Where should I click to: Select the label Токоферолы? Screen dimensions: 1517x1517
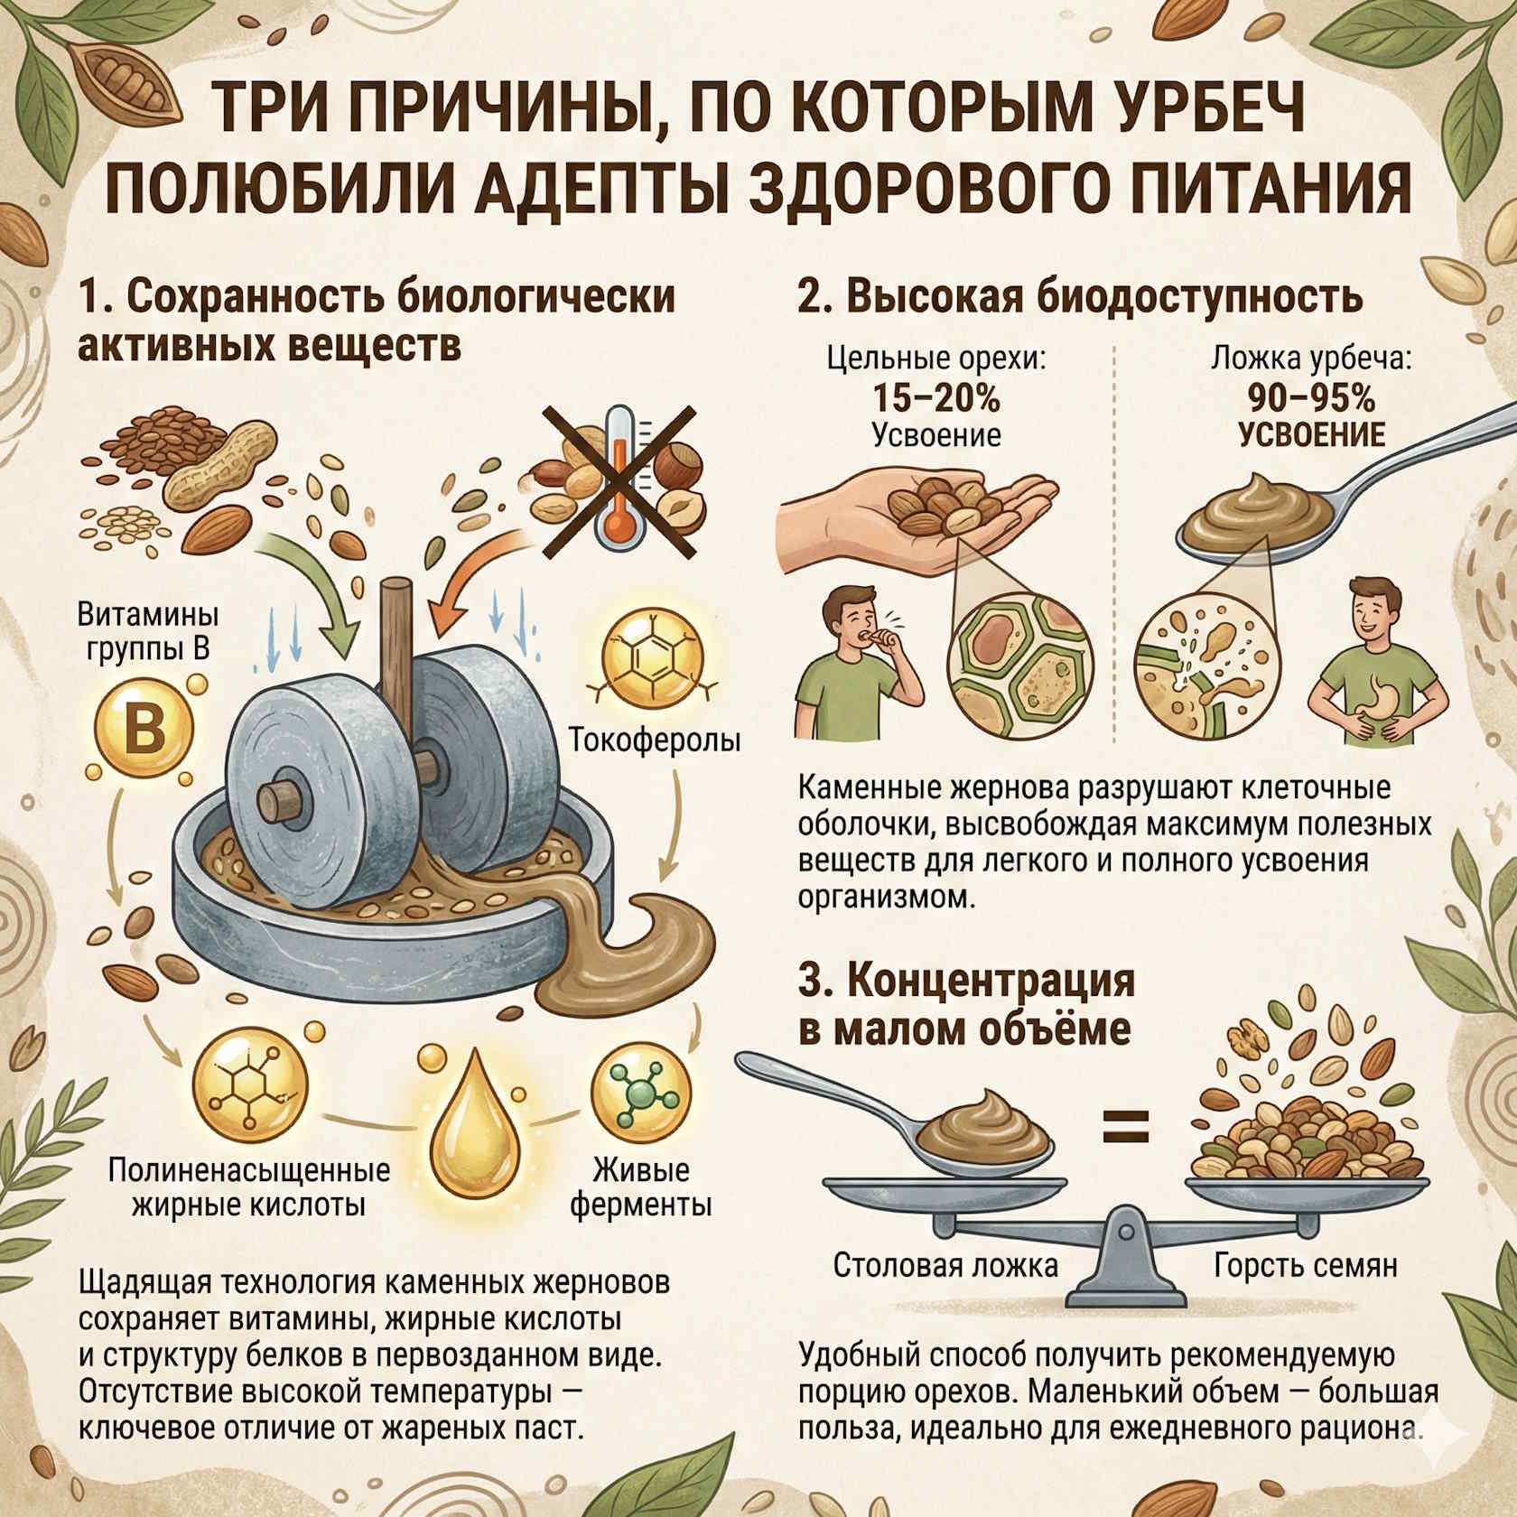pos(655,740)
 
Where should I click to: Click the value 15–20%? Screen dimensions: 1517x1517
pos(936,397)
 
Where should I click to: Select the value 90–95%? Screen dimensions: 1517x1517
pos(1311,397)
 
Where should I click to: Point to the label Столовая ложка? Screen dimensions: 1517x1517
pos(945,1265)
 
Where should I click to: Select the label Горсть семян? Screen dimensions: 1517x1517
pos(1306,1265)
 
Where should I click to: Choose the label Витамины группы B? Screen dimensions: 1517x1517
pos(148,632)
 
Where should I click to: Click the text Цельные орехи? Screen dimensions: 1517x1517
pos(936,359)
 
